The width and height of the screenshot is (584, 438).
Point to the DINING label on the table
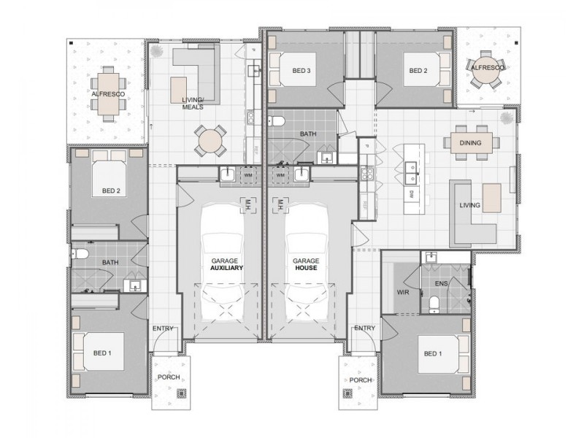click(471, 143)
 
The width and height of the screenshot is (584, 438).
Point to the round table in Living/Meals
click(210, 139)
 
